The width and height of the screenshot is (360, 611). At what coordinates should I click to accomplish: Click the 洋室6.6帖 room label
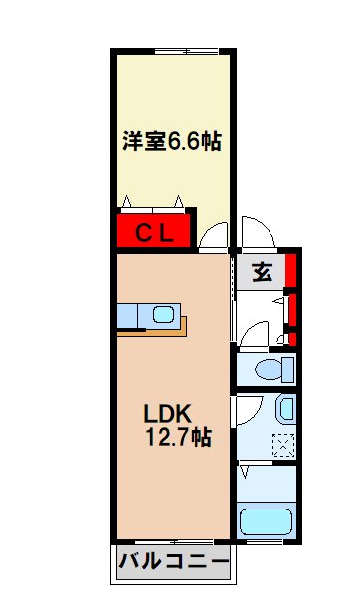[x=172, y=143]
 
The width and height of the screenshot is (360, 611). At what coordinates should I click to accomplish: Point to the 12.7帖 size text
[x=176, y=437]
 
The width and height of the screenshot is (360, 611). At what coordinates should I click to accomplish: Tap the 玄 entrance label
[x=262, y=271]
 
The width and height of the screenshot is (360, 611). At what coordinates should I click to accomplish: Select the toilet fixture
[x=271, y=371]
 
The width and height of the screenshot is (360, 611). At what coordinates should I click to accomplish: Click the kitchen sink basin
[x=162, y=316]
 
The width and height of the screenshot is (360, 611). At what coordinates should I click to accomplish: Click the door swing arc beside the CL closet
[x=211, y=236]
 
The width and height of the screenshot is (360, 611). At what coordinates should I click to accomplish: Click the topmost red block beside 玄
[x=290, y=269]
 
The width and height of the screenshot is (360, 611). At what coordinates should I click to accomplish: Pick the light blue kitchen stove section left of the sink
[x=130, y=316]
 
